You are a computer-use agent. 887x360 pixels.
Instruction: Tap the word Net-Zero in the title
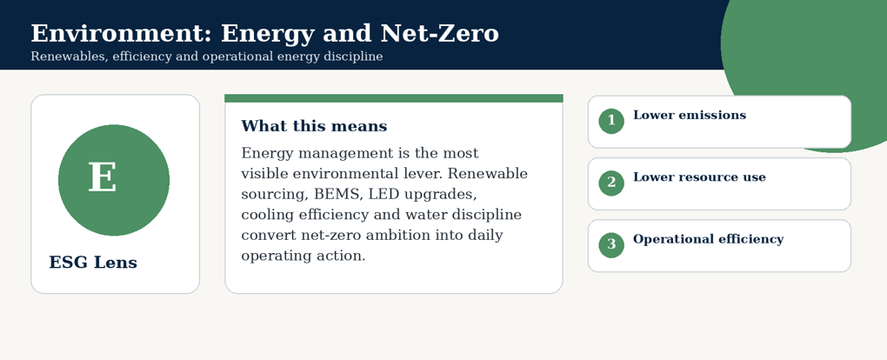click(439, 33)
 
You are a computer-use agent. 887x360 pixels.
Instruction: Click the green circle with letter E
click(114, 180)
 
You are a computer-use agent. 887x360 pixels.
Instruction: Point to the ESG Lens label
click(93, 263)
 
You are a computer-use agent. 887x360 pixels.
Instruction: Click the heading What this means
click(314, 126)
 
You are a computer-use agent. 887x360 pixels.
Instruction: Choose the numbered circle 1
click(611, 121)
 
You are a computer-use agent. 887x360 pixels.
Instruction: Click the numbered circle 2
click(611, 183)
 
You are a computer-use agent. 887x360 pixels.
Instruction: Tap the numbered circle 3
click(611, 244)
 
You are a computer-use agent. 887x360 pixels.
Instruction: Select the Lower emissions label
click(690, 116)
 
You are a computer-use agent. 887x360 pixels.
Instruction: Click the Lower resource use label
click(699, 177)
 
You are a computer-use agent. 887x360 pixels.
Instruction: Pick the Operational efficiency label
click(708, 239)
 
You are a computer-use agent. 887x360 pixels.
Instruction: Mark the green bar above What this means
click(394, 98)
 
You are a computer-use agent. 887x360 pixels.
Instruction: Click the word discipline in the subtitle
click(357, 57)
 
